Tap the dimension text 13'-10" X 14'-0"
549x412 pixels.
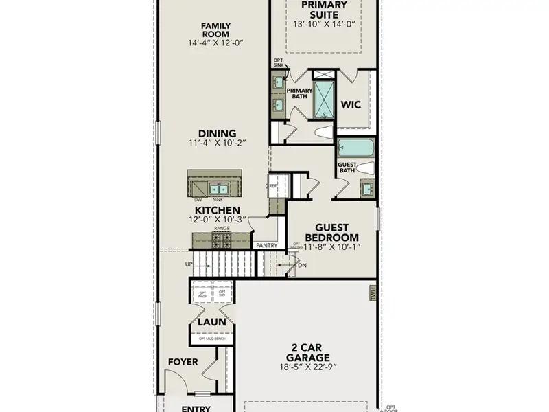pyautogui.click(x=325, y=24)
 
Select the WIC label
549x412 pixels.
pyautogui.click(x=352, y=105)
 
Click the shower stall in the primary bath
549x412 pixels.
pyautogui.click(x=324, y=100)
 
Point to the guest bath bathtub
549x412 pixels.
pyautogui.click(x=355, y=148)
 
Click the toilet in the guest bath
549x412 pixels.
pyautogui.click(x=364, y=168)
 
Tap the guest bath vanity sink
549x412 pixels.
pyautogui.click(x=368, y=187)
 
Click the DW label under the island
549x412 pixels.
pyautogui.click(x=197, y=199)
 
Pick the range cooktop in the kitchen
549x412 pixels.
pyautogui.click(x=221, y=240)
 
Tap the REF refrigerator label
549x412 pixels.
pyautogui.click(x=272, y=185)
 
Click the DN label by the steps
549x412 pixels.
pyautogui.click(x=302, y=265)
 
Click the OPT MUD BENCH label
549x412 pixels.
pyautogui.click(x=211, y=339)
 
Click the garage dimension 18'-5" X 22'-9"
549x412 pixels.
pyautogui.click(x=308, y=368)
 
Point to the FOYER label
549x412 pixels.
pyautogui.click(x=183, y=362)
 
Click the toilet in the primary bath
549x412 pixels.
pyautogui.click(x=323, y=132)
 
